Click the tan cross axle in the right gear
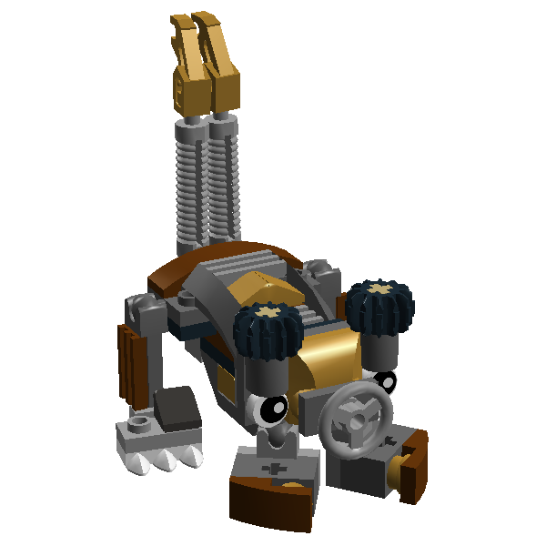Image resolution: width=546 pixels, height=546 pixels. point(379,290)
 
